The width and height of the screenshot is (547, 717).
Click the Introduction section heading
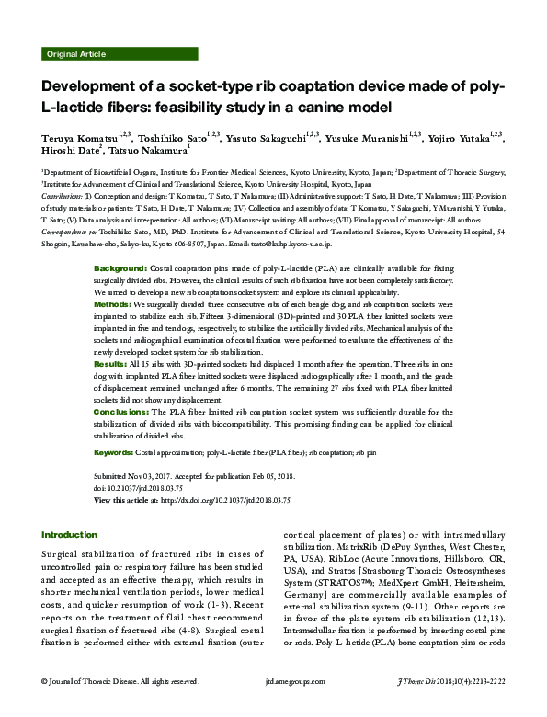(x=70, y=535)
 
